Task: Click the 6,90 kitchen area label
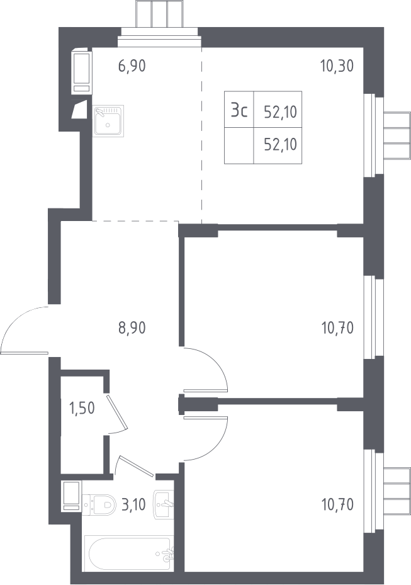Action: (132, 66)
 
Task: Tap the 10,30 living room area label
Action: (337, 66)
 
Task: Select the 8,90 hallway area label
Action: (132, 328)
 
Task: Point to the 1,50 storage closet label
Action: (82, 408)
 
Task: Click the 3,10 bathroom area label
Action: (133, 505)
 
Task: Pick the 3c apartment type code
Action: (239, 111)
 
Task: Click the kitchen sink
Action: (108, 121)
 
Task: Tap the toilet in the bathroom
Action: (99, 505)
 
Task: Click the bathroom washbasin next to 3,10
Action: (164, 504)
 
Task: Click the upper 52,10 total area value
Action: (281, 111)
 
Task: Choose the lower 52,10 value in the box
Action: (281, 144)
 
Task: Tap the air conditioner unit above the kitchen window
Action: (160, 14)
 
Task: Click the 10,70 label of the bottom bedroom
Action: (337, 505)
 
